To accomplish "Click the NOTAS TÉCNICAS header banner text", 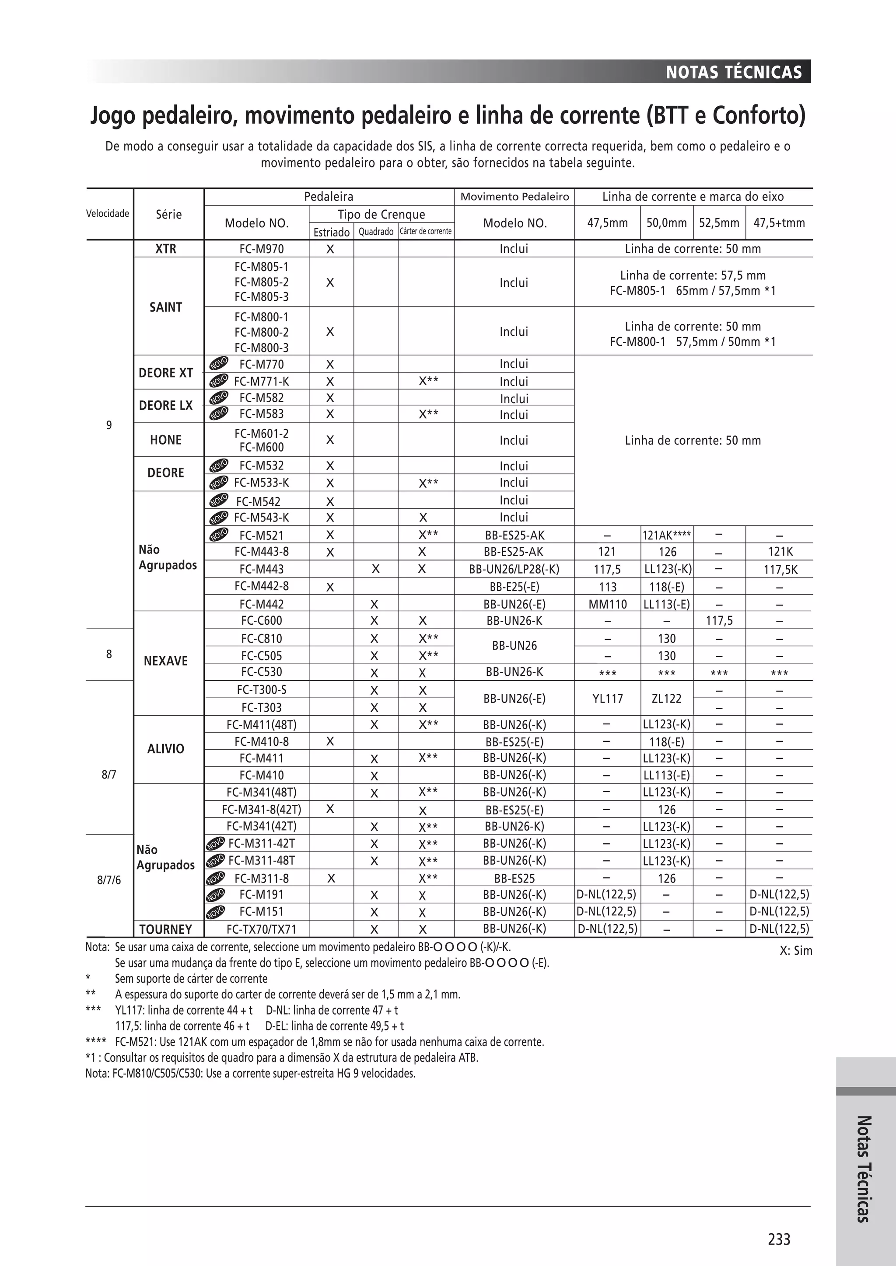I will pos(733,72).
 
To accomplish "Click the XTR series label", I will pos(165,249).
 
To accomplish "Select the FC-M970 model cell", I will pos(259,249).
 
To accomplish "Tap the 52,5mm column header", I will pos(719,223).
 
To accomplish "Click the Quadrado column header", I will pos(376,232).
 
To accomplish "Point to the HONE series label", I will pos(165,440).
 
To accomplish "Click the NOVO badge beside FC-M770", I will pos(219,363).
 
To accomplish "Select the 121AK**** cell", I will pos(666,535).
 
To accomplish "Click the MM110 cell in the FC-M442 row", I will pos(607,604).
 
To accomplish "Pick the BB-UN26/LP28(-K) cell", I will pos(514,569).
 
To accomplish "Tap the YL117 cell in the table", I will pos(607,699).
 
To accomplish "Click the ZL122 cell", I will pos(666,699).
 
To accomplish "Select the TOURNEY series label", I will pos(165,929).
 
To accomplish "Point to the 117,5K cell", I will pos(780,570).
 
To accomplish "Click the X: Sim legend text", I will pos(795,951).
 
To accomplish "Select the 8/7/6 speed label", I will pos(108,880).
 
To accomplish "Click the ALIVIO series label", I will pos(165,749).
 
